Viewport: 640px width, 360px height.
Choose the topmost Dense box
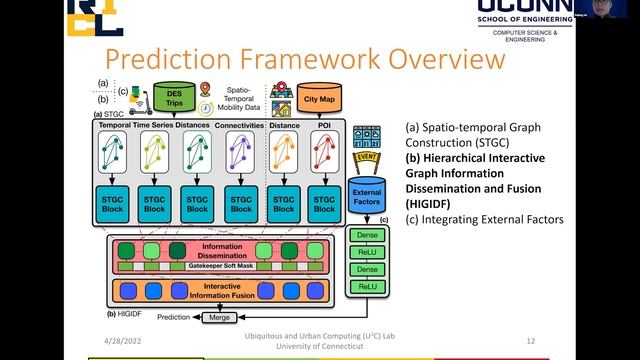coord(367,235)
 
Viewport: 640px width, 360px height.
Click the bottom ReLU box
coord(367,287)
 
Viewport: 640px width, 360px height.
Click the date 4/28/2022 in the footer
coord(111,341)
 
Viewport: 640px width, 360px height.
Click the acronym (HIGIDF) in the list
coord(431,203)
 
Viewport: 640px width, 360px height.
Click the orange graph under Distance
coord(284,154)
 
